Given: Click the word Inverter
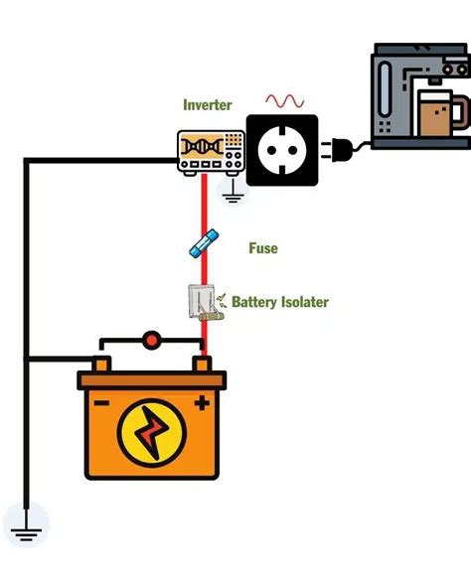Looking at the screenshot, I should (x=207, y=104).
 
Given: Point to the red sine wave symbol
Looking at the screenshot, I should (x=284, y=101).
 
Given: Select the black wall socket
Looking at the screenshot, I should (x=282, y=150).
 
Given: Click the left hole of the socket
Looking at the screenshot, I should (x=267, y=150).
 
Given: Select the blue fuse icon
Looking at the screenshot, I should (x=204, y=242).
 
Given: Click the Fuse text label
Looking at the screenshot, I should (x=263, y=248).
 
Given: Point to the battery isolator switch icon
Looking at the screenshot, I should (x=202, y=303).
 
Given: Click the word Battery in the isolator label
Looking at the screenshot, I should (x=255, y=301).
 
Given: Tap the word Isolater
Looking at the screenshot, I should (x=304, y=301).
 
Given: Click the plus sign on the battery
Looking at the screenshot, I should (x=202, y=403).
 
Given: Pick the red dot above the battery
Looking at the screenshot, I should (x=151, y=341).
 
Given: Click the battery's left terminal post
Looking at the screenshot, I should (x=104, y=366).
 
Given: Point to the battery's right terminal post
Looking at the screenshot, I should (x=202, y=366).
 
